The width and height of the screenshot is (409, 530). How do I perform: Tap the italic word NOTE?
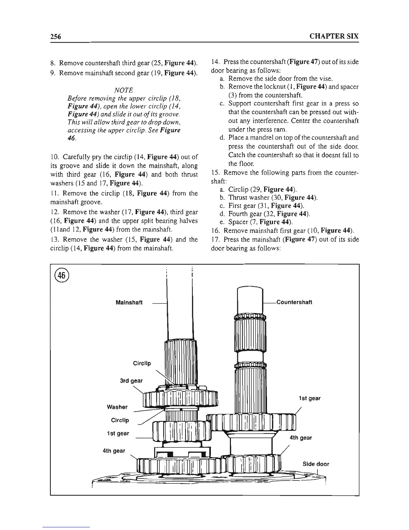click(x=124, y=90)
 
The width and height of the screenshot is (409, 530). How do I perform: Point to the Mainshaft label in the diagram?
click(x=129, y=302)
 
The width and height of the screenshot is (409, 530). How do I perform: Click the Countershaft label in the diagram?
click(x=294, y=302)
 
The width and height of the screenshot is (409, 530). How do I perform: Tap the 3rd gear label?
click(x=131, y=381)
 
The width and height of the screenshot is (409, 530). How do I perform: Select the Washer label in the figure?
click(x=117, y=407)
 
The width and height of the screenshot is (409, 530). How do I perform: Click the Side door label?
click(x=316, y=464)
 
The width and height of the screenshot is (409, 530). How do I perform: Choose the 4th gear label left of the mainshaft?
click(x=114, y=451)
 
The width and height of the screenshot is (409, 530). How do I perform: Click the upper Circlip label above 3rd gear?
click(x=142, y=363)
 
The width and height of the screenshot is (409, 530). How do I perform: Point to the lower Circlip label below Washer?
click(x=120, y=420)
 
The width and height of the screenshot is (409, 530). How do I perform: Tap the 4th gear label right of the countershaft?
click(x=301, y=438)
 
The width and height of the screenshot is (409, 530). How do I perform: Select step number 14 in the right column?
click(x=216, y=63)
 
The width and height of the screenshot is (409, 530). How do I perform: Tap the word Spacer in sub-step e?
click(x=238, y=222)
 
